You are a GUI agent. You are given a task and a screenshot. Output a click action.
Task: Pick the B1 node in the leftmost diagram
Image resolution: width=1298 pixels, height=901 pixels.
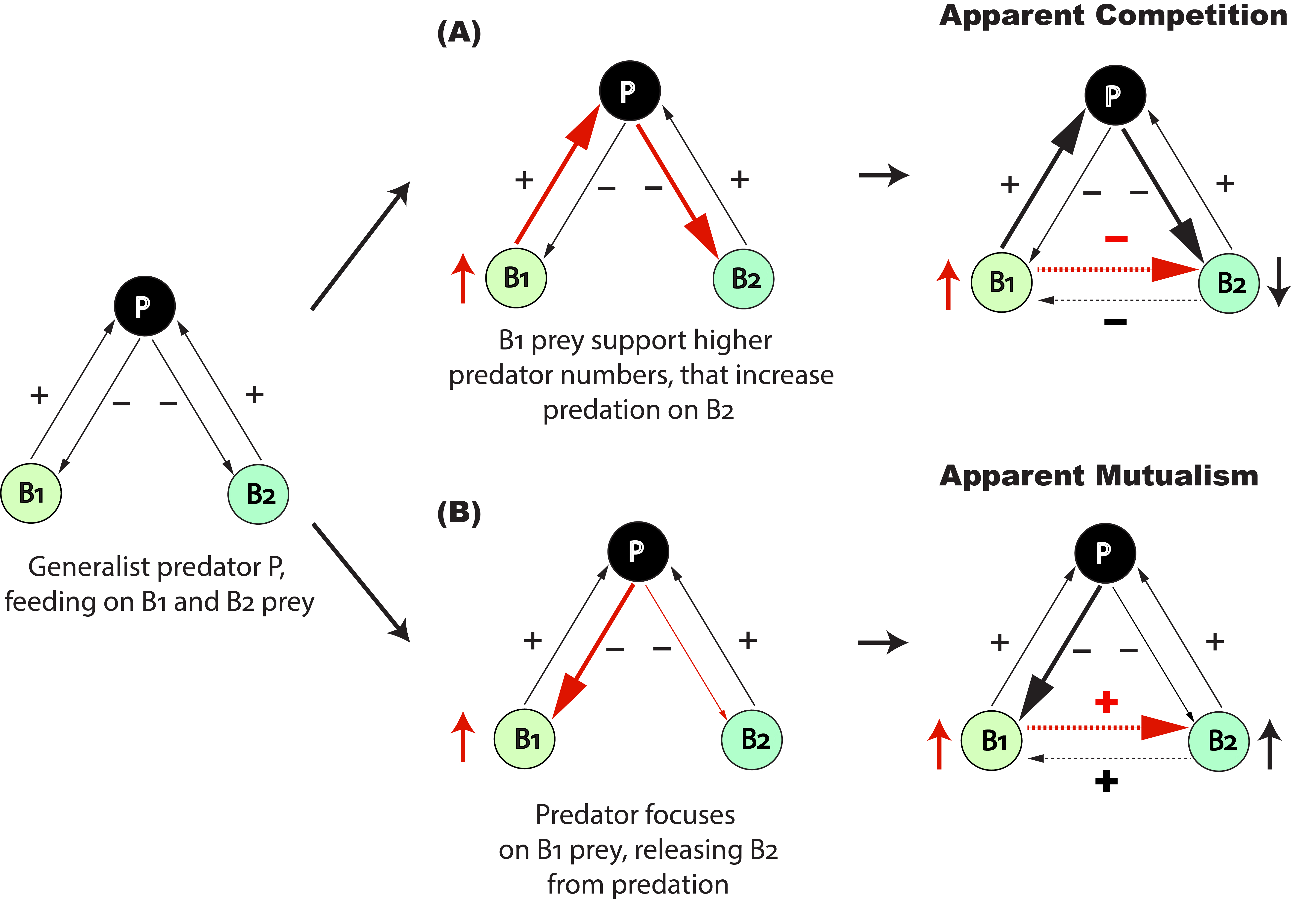pos(31,493)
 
